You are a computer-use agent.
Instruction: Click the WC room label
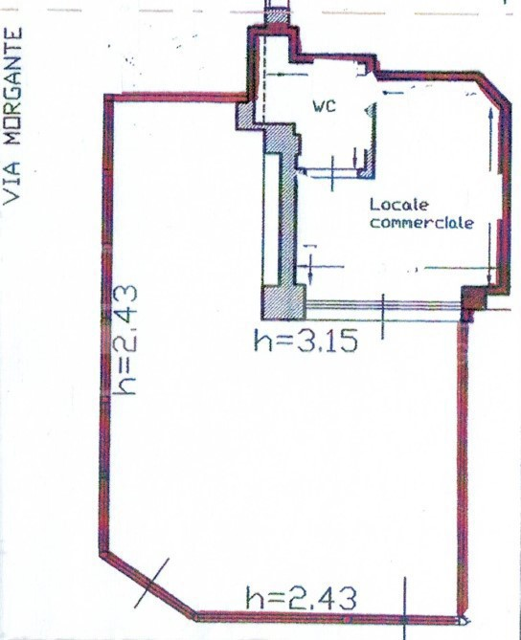pyautogui.click(x=325, y=106)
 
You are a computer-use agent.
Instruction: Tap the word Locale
pyautogui.click(x=398, y=205)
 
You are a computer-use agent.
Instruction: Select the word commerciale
pyautogui.click(x=421, y=223)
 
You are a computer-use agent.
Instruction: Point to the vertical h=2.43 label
pyautogui.click(x=125, y=340)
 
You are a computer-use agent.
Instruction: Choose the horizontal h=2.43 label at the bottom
pyautogui.click(x=301, y=598)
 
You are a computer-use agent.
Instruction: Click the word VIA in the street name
pyautogui.click(x=11, y=183)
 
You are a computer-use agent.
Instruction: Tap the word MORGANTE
pyautogui.click(x=11, y=86)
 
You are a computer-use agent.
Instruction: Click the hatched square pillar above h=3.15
pyautogui.click(x=283, y=302)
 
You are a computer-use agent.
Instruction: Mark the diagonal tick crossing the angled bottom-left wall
pyautogui.click(x=151, y=584)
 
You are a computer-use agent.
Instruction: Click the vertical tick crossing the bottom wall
pyautogui.click(x=405, y=608)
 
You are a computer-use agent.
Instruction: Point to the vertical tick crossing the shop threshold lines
pyautogui.click(x=383, y=317)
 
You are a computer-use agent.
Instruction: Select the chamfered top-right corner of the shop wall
pyautogui.click(x=495, y=89)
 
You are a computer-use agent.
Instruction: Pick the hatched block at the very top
pyautogui.click(x=277, y=17)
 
